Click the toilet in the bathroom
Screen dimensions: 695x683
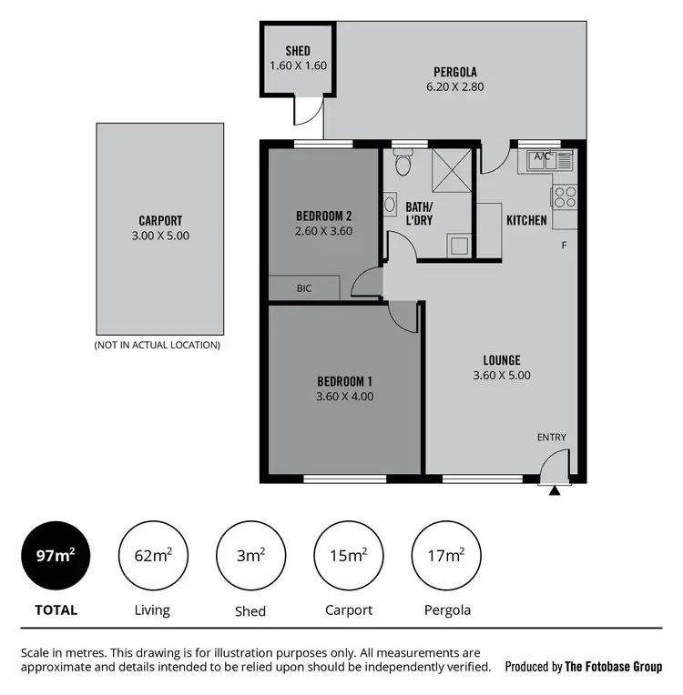click(403, 164)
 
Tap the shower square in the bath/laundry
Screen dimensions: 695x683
click(450, 170)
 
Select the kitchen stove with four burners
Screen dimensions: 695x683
click(564, 196)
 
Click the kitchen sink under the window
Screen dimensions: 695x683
click(545, 162)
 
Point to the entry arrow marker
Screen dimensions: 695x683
click(554, 491)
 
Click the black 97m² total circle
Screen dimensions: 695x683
click(55, 556)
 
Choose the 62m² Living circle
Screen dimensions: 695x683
click(152, 556)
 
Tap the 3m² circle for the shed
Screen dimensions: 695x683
click(250, 556)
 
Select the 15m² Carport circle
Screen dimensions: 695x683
click(348, 556)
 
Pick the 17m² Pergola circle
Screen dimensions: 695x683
click(447, 556)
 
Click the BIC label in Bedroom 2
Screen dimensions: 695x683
click(304, 288)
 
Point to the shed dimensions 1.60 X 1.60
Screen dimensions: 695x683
click(298, 65)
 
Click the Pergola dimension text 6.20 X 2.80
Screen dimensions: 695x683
click(455, 87)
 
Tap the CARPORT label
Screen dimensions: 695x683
click(160, 220)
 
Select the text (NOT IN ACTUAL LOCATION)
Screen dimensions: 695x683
click(157, 345)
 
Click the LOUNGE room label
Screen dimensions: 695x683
click(501, 359)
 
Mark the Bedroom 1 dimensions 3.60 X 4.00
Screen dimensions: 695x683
click(344, 396)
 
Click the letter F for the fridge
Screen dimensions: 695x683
click(564, 246)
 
